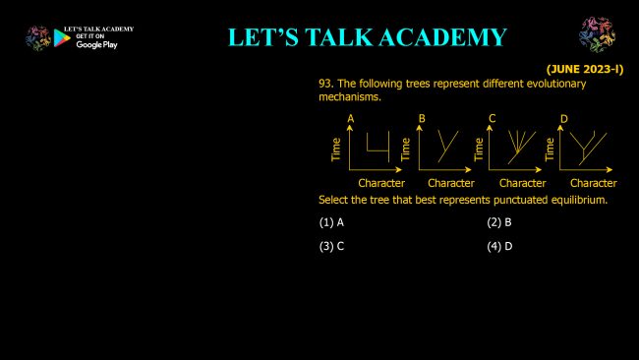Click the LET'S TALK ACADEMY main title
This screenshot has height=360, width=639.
point(368,37)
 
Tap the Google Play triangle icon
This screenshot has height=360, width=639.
point(62,38)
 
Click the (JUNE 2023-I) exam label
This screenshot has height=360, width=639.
point(585,69)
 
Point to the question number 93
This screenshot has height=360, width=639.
point(326,84)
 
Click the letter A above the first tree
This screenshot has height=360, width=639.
point(351,119)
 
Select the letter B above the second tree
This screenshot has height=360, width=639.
point(422,119)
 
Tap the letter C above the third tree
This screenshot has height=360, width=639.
point(493,119)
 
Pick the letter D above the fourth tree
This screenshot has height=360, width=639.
point(564,119)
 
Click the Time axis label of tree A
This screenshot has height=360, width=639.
point(336,150)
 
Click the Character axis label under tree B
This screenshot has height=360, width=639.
point(451,184)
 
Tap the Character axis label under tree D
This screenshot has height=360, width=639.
point(594,184)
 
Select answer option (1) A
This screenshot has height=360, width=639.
point(331,222)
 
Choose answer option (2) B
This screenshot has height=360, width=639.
point(499,222)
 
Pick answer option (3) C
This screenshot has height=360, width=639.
point(331,247)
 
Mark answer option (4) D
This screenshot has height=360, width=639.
point(499,247)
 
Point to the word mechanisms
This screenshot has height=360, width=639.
point(350,97)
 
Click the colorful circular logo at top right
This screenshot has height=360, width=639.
point(597,34)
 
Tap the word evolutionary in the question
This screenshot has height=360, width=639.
point(556,84)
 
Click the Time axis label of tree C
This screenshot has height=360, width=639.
point(479,150)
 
